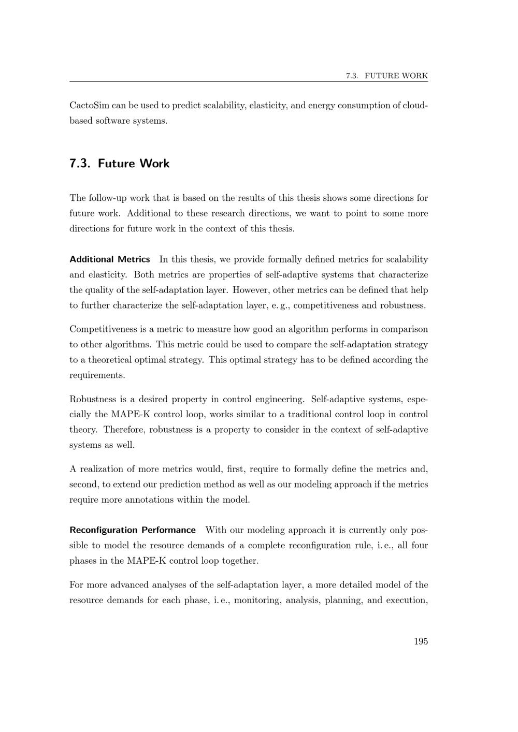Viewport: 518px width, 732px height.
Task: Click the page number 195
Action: tap(421, 641)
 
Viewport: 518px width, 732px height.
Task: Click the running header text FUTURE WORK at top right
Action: tap(396, 76)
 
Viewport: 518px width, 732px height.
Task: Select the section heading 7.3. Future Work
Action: tap(119, 164)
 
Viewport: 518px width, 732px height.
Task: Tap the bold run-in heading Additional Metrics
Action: tap(110, 259)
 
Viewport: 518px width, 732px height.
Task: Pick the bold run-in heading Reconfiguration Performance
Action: tap(133, 530)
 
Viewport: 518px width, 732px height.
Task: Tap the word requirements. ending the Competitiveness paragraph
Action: tap(97, 375)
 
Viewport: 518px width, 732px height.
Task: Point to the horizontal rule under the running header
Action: tap(249, 82)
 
